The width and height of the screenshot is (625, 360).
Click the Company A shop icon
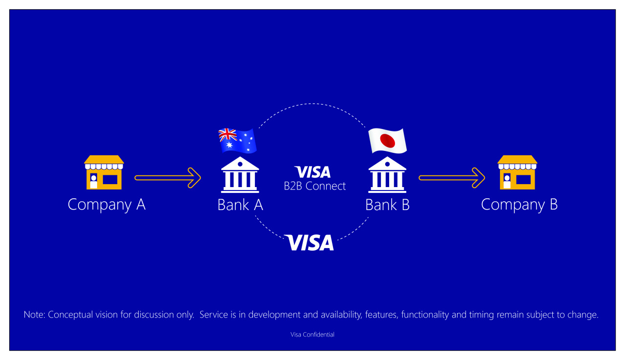(104, 172)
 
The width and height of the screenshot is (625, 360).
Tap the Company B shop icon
(517, 172)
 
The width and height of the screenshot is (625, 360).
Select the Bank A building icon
(240, 175)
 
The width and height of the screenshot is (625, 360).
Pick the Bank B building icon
(387, 175)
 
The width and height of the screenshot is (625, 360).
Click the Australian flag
(237, 141)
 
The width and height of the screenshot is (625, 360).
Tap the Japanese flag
(388, 141)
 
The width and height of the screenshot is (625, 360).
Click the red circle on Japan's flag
(388, 141)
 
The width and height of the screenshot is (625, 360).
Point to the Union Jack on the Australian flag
(228, 135)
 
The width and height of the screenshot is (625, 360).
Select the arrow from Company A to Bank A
(167, 178)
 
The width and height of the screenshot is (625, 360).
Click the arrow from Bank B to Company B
(452, 178)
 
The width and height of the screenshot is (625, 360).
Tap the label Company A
(106, 205)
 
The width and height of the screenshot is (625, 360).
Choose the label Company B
(519, 205)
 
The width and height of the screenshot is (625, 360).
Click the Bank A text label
(240, 205)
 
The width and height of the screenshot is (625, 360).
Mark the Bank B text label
(388, 205)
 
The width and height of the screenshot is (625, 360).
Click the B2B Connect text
(315, 186)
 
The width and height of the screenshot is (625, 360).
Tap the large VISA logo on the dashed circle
(309, 242)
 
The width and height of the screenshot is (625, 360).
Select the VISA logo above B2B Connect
(312, 172)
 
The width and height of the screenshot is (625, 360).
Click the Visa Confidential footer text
(312, 335)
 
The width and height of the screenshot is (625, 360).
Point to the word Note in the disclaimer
(34, 315)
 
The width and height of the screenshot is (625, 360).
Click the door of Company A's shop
(93, 181)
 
